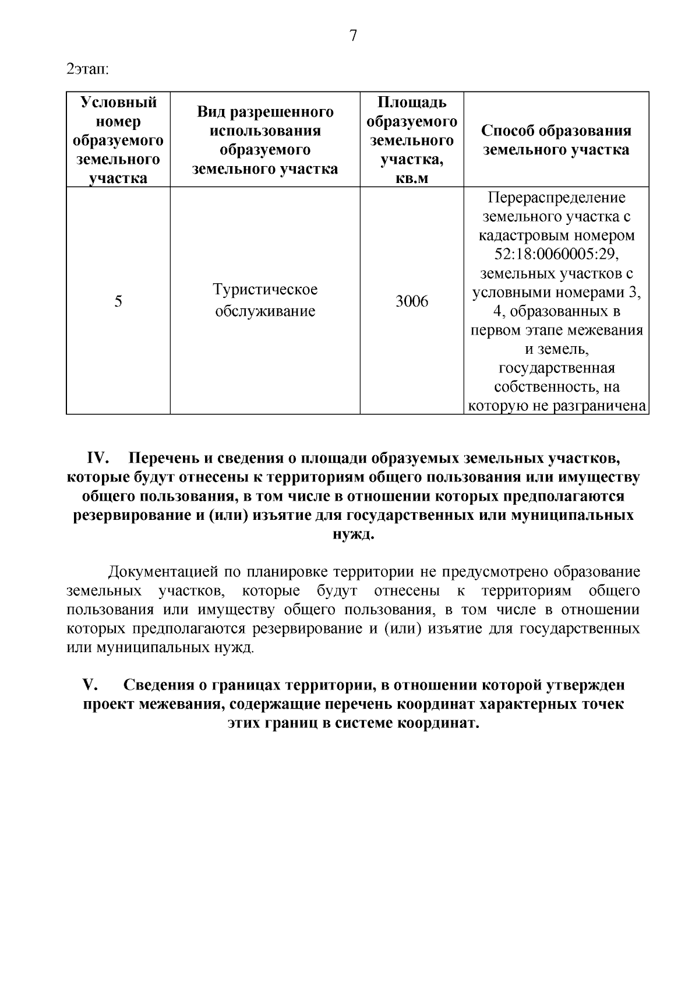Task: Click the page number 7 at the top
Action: click(352, 36)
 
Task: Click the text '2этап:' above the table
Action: click(88, 69)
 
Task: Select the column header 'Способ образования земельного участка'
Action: click(556, 140)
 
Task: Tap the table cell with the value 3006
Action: click(412, 301)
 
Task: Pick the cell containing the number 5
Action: click(118, 301)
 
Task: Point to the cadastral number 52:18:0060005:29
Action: click(556, 255)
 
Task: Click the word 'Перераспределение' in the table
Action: click(556, 198)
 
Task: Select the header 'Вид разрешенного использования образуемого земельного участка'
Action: click(265, 140)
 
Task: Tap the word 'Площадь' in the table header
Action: click(412, 103)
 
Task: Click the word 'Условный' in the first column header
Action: click(118, 103)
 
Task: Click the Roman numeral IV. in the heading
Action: click(99, 458)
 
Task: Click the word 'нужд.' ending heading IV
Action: click(352, 535)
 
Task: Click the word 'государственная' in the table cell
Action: click(556, 368)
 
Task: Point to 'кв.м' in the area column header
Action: click(412, 179)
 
